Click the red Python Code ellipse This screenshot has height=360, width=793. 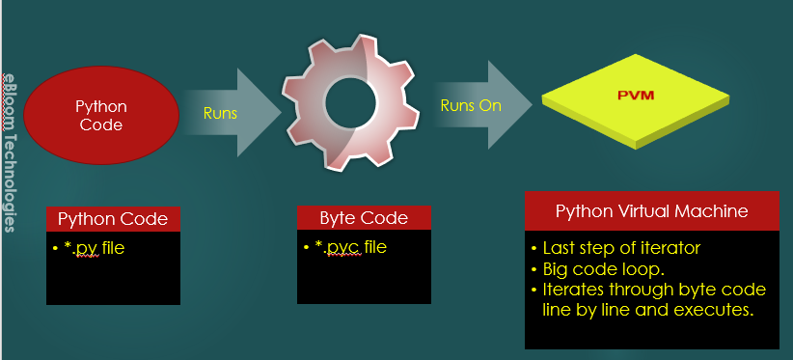[100, 115]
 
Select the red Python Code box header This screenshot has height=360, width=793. [113, 219]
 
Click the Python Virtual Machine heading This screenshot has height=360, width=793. [651, 211]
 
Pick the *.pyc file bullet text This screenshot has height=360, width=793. [347, 247]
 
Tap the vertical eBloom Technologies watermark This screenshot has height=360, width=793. [9, 150]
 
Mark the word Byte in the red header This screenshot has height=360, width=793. [339, 219]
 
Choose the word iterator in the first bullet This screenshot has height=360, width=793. [671, 247]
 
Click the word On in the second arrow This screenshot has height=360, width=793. [489, 105]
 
